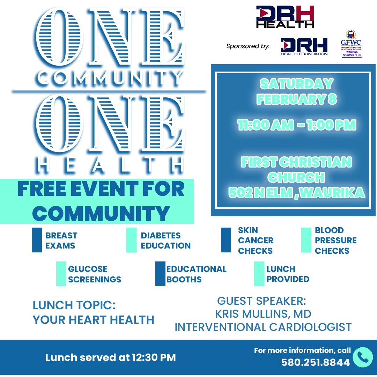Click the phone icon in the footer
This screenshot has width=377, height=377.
pyautogui.click(x=363, y=357)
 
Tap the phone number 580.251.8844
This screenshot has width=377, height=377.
pyautogui.click(x=315, y=363)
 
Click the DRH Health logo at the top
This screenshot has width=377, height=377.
pyautogui.click(x=285, y=16)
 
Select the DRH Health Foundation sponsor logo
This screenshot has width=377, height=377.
pyautogui.click(x=304, y=46)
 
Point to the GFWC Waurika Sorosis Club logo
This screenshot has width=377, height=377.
pyautogui.click(x=350, y=44)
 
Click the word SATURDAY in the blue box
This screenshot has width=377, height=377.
pyautogui.click(x=296, y=84)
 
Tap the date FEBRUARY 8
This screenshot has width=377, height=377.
pyautogui.click(x=296, y=99)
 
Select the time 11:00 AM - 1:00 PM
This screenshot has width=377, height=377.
pyautogui.click(x=296, y=125)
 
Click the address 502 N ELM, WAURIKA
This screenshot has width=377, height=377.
pyautogui.click(x=296, y=193)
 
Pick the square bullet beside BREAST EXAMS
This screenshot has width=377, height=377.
pyautogui.click(x=37, y=240)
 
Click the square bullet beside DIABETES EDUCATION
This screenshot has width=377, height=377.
pyautogui.click(x=131, y=240)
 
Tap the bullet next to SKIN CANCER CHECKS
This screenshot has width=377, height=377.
pyautogui.click(x=226, y=240)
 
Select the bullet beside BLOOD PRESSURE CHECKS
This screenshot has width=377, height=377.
pyautogui.click(x=306, y=240)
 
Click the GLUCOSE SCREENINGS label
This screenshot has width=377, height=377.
pyautogui.click(x=94, y=274)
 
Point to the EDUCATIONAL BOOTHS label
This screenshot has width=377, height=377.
pyautogui.click(x=196, y=274)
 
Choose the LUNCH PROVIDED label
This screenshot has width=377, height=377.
pyautogui.click(x=288, y=274)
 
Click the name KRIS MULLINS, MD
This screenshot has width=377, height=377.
pyautogui.click(x=263, y=314)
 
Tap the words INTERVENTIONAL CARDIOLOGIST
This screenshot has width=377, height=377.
pyautogui.click(x=263, y=327)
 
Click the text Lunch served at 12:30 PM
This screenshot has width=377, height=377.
pyautogui.click(x=110, y=357)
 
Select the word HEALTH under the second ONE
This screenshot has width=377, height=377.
pyautogui.click(x=110, y=165)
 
